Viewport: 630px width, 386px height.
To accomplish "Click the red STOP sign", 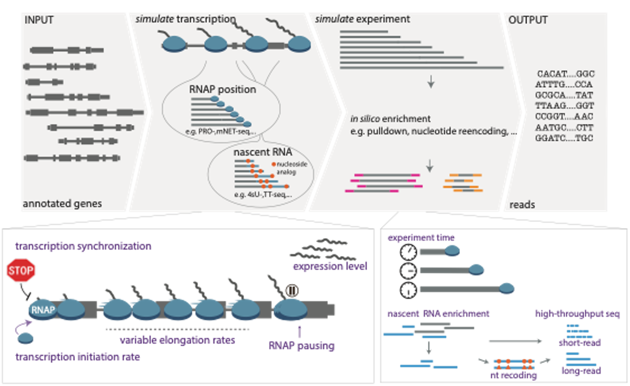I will [x=21, y=270].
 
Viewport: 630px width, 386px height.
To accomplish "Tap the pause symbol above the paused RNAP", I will [x=292, y=291].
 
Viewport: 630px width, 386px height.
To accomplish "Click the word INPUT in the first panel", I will [x=39, y=20].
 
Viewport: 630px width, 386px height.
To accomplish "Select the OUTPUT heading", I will [x=528, y=20].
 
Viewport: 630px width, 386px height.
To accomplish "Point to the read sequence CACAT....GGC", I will [x=566, y=74].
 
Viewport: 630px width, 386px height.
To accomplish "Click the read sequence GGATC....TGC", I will [x=564, y=138].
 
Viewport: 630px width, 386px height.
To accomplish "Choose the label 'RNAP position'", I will [x=222, y=89].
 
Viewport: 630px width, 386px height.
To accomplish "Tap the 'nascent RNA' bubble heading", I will [x=262, y=152].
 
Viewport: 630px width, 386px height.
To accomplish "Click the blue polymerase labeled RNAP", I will [x=43, y=310].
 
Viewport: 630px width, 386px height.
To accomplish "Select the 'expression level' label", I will [x=330, y=266].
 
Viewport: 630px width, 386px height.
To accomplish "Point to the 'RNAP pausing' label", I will [x=302, y=346].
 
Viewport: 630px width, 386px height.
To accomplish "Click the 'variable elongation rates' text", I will [x=177, y=340].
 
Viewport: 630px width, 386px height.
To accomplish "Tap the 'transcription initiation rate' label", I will [x=78, y=357].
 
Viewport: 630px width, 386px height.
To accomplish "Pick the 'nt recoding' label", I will [x=514, y=375].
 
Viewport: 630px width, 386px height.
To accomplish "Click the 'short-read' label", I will [x=580, y=343].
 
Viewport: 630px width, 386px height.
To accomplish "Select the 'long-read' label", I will [x=581, y=371].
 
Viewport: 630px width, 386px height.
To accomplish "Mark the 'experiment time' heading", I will [x=421, y=238].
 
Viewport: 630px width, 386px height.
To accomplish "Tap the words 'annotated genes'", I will [x=62, y=204].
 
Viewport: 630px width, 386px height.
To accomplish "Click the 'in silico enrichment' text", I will [x=390, y=119].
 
